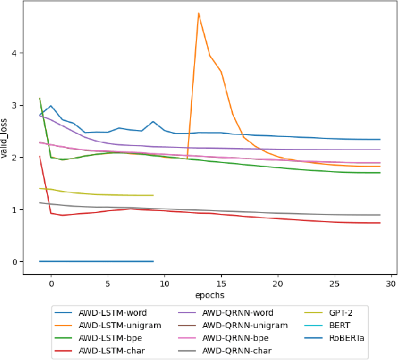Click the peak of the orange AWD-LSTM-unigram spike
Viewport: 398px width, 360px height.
click(x=198, y=13)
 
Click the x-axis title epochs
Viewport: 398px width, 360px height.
click(x=209, y=294)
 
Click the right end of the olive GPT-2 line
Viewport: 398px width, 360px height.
click(x=153, y=195)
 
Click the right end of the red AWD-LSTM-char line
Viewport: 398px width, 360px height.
click(x=380, y=223)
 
